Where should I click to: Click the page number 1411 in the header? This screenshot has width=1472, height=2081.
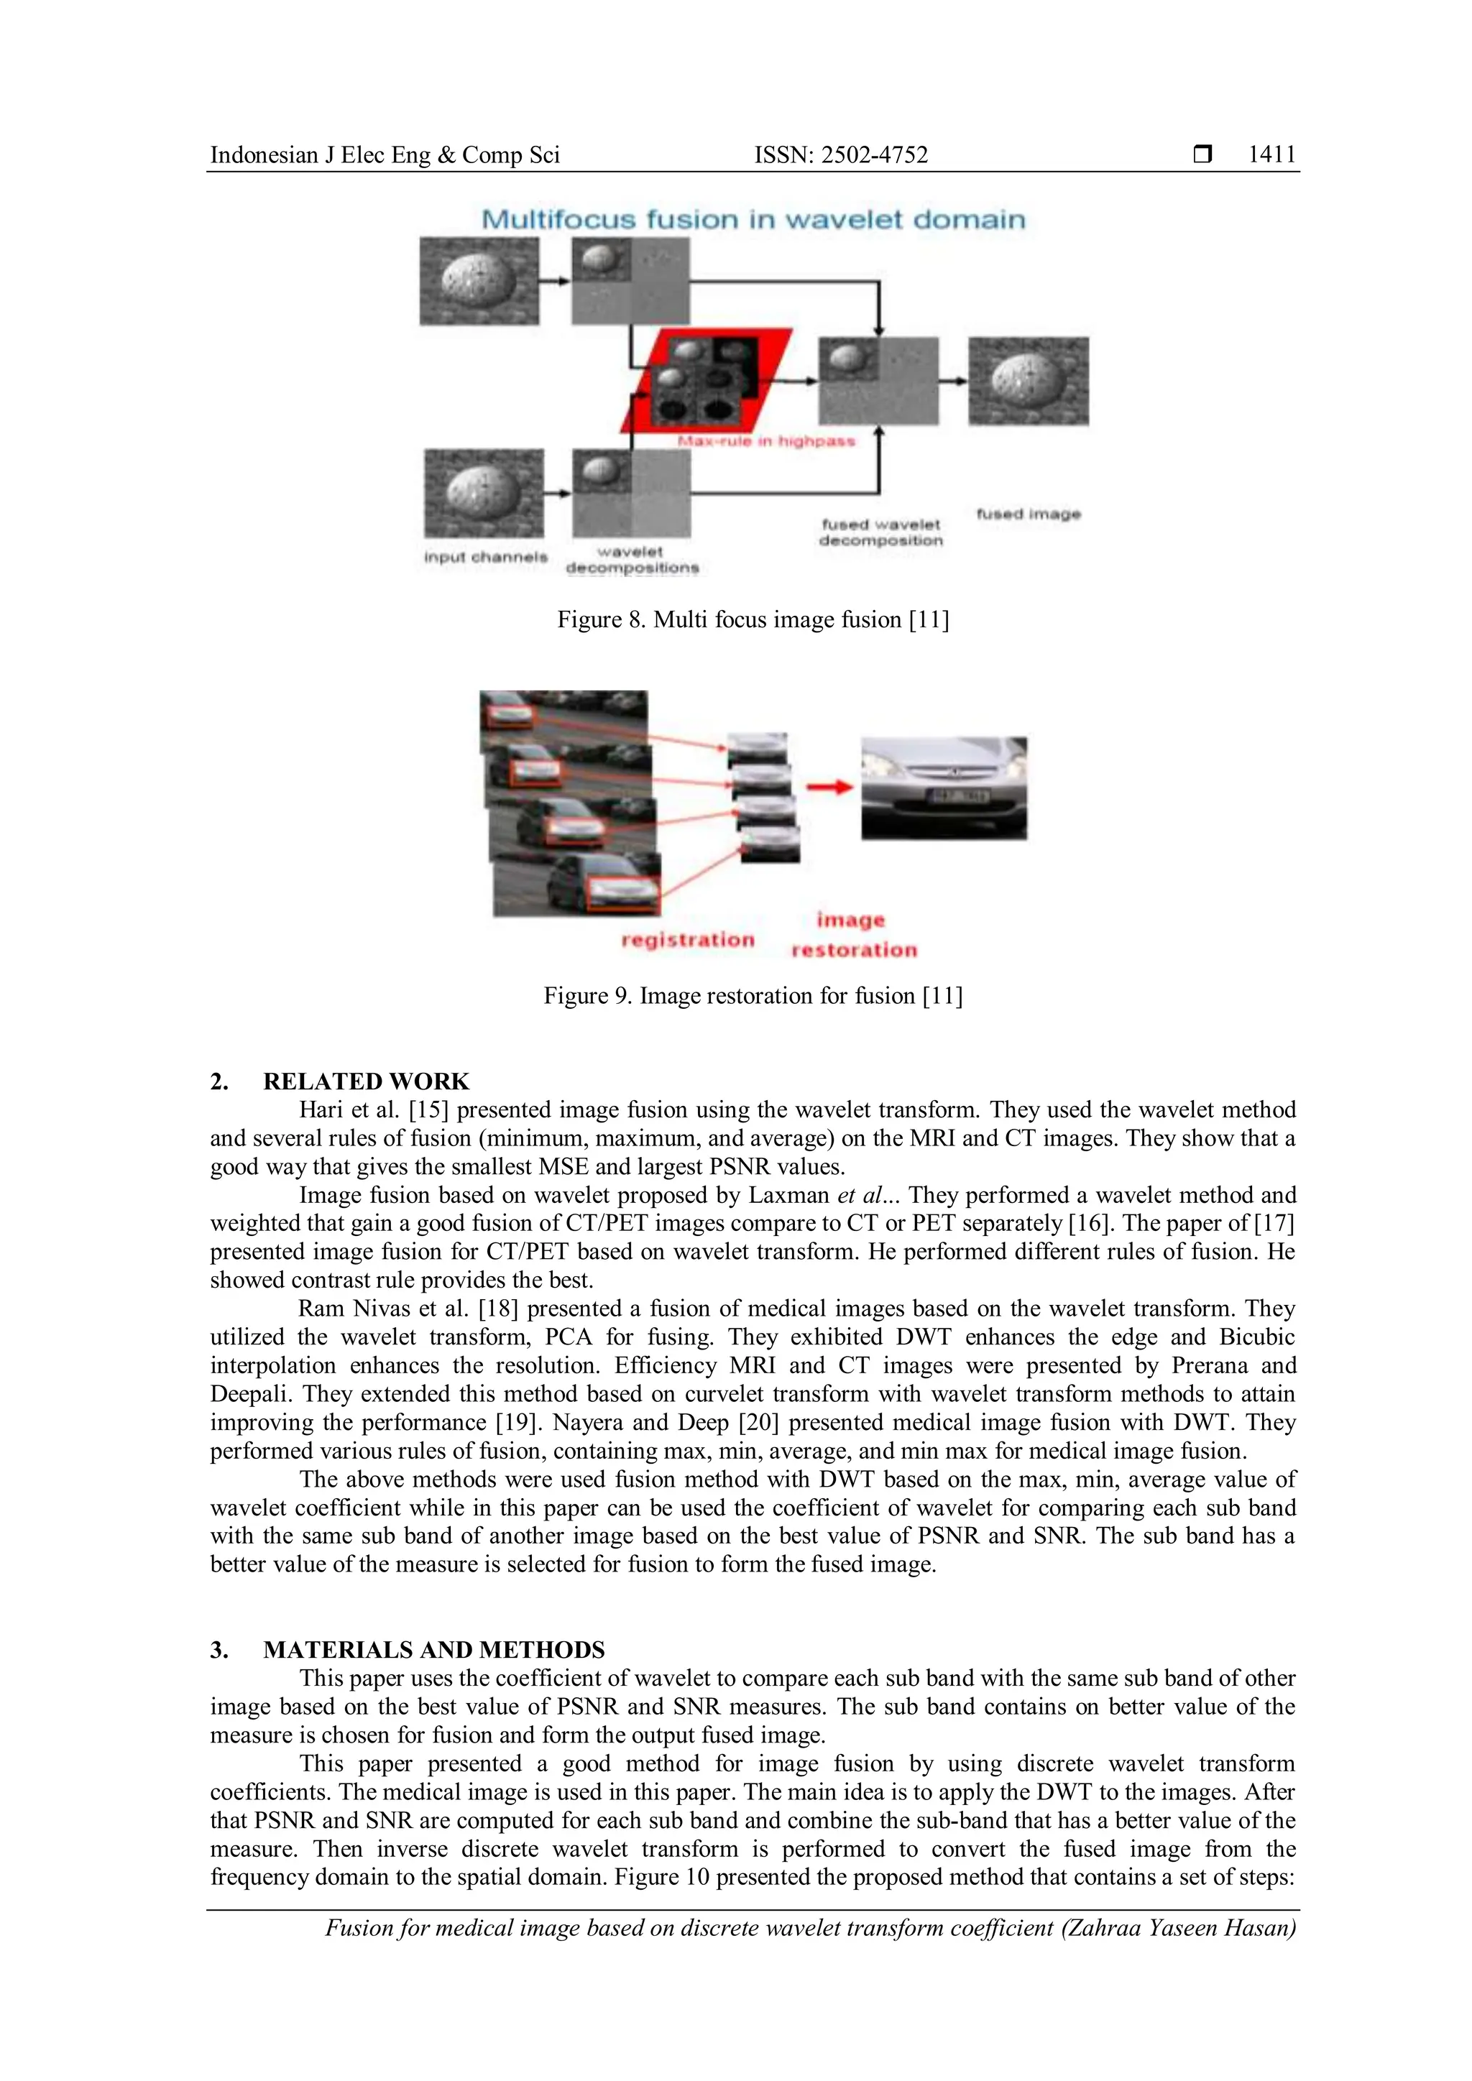point(1271,155)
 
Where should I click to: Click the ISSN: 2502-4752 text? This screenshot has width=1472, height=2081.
point(840,155)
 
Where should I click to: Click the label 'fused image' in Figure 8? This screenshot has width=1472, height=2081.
point(1028,514)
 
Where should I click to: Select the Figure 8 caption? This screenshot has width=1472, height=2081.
point(753,620)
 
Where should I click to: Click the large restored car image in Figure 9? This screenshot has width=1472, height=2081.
point(943,788)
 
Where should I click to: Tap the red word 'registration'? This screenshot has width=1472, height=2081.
point(687,940)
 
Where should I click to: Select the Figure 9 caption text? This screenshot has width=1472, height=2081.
point(753,996)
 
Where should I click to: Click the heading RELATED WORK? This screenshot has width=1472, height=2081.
point(366,1081)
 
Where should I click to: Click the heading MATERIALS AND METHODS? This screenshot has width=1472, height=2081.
point(433,1650)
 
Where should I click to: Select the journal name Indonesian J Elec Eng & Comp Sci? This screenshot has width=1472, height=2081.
point(385,155)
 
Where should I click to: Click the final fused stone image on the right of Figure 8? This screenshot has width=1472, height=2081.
point(1028,381)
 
